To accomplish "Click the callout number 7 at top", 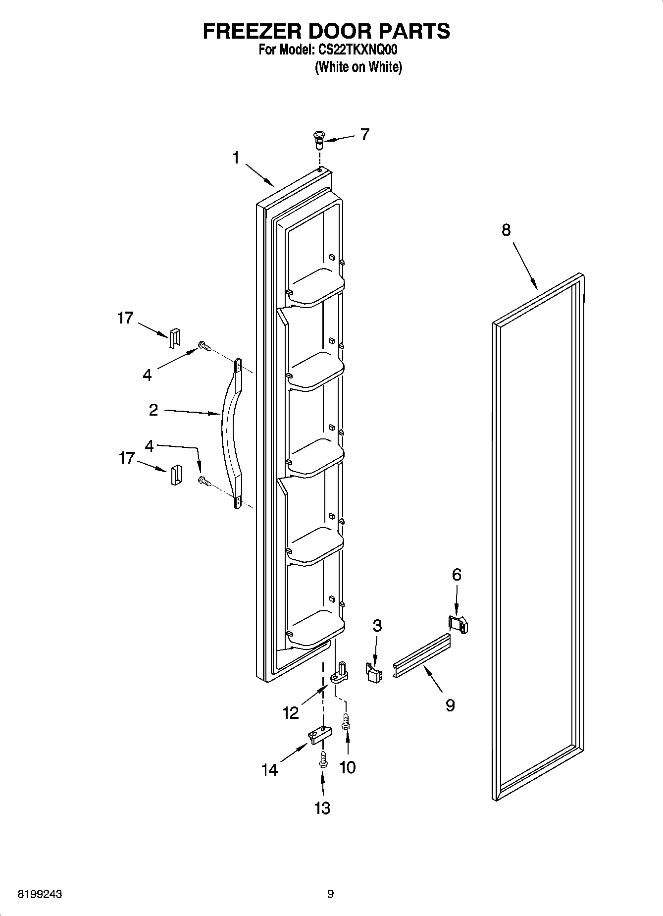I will pyautogui.click(x=365, y=134).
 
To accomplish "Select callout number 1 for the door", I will pyautogui.click(x=236, y=158).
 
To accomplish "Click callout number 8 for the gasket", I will pyautogui.click(x=506, y=230).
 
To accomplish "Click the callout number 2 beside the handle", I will pyautogui.click(x=153, y=410).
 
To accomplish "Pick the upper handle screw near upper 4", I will pyautogui.click(x=204, y=345).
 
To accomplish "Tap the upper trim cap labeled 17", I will pyautogui.click(x=174, y=338).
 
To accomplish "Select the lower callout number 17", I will pyautogui.click(x=126, y=458).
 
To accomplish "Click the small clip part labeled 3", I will pyautogui.click(x=375, y=672).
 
